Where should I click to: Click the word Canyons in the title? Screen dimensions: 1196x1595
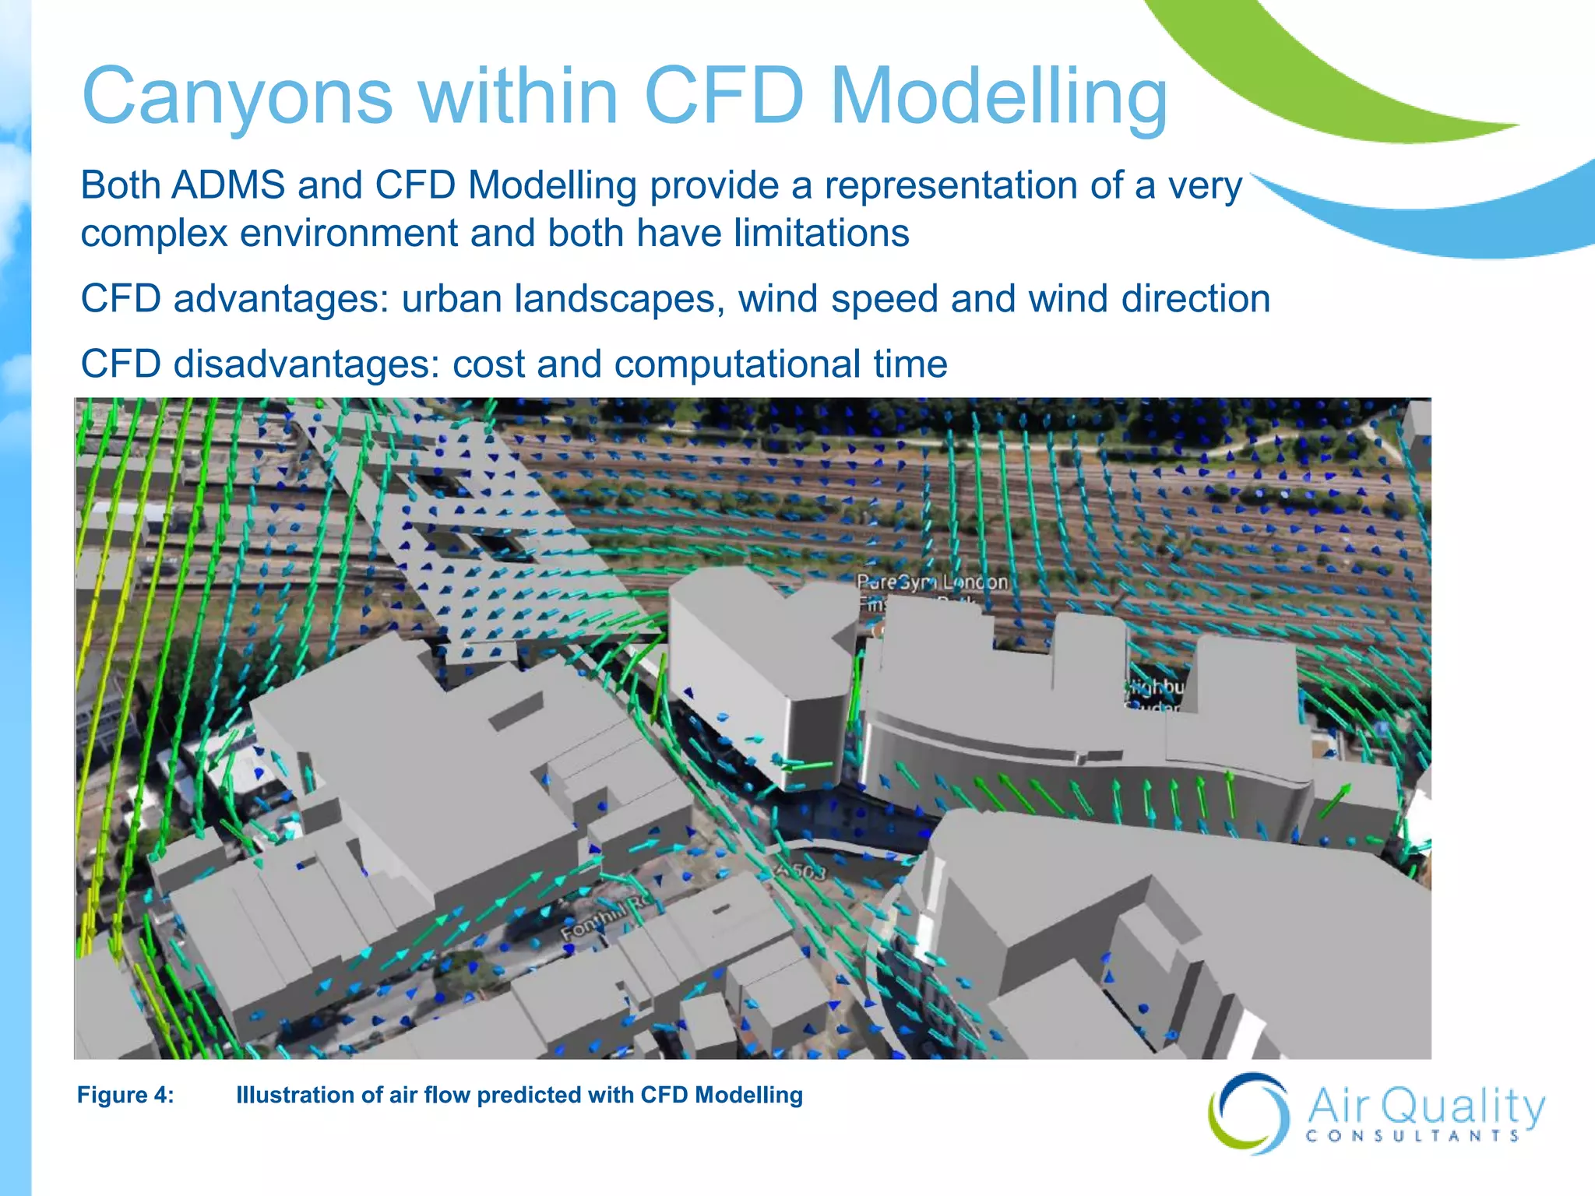(x=238, y=97)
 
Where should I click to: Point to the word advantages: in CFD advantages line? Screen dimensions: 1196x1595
(x=280, y=299)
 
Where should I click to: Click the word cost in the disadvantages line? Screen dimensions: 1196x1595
(x=488, y=364)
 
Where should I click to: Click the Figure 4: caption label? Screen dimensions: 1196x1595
(x=125, y=1095)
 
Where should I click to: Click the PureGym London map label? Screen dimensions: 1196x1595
(x=931, y=582)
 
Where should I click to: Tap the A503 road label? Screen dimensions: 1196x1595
(x=801, y=871)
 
